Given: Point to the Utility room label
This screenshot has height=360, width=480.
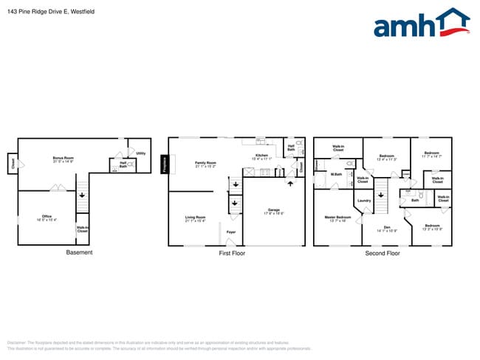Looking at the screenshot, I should (140, 153).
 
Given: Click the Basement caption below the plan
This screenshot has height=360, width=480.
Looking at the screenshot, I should (80, 252).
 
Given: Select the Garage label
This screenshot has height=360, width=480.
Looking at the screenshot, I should (274, 211).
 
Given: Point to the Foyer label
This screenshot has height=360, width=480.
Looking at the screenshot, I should (231, 232).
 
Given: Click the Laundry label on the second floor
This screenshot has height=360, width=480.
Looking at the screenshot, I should (363, 201).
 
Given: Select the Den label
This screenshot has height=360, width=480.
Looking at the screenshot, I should (386, 228).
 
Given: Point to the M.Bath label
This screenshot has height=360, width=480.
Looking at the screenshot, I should (336, 174).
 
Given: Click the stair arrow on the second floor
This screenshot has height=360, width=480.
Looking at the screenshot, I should (381, 195).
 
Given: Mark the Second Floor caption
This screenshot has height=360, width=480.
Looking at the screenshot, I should (382, 252).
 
